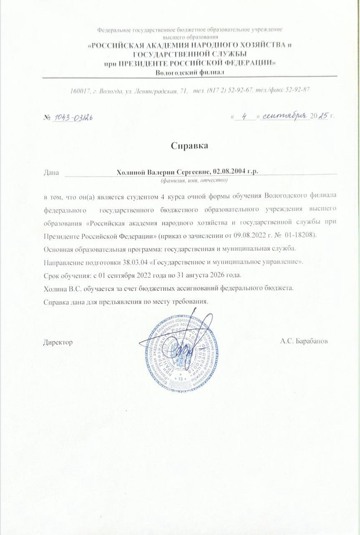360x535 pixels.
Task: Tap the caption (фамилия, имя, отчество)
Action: click(x=194, y=181)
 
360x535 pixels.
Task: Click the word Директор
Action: click(x=58, y=342)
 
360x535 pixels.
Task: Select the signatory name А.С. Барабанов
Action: click(x=304, y=341)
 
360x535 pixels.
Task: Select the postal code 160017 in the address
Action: click(x=81, y=90)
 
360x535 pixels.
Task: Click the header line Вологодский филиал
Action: click(x=190, y=72)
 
